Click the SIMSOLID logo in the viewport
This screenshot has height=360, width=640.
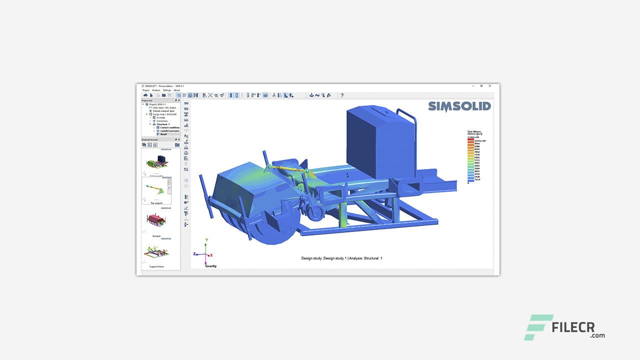[459, 106]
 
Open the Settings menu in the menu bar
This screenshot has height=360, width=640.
[166, 90]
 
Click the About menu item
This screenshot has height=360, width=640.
[176, 90]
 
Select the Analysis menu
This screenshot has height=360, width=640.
[156, 90]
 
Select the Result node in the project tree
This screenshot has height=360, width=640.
[163, 134]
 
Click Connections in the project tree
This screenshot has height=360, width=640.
[162, 121]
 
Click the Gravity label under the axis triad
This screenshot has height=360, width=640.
[211, 266]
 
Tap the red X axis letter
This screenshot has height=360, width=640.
[211, 255]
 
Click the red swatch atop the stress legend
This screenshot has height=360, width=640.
[470, 139]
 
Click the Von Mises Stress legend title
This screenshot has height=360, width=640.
[473, 133]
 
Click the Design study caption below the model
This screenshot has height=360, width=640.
[341, 258]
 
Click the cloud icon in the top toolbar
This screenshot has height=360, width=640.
[145, 95]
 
